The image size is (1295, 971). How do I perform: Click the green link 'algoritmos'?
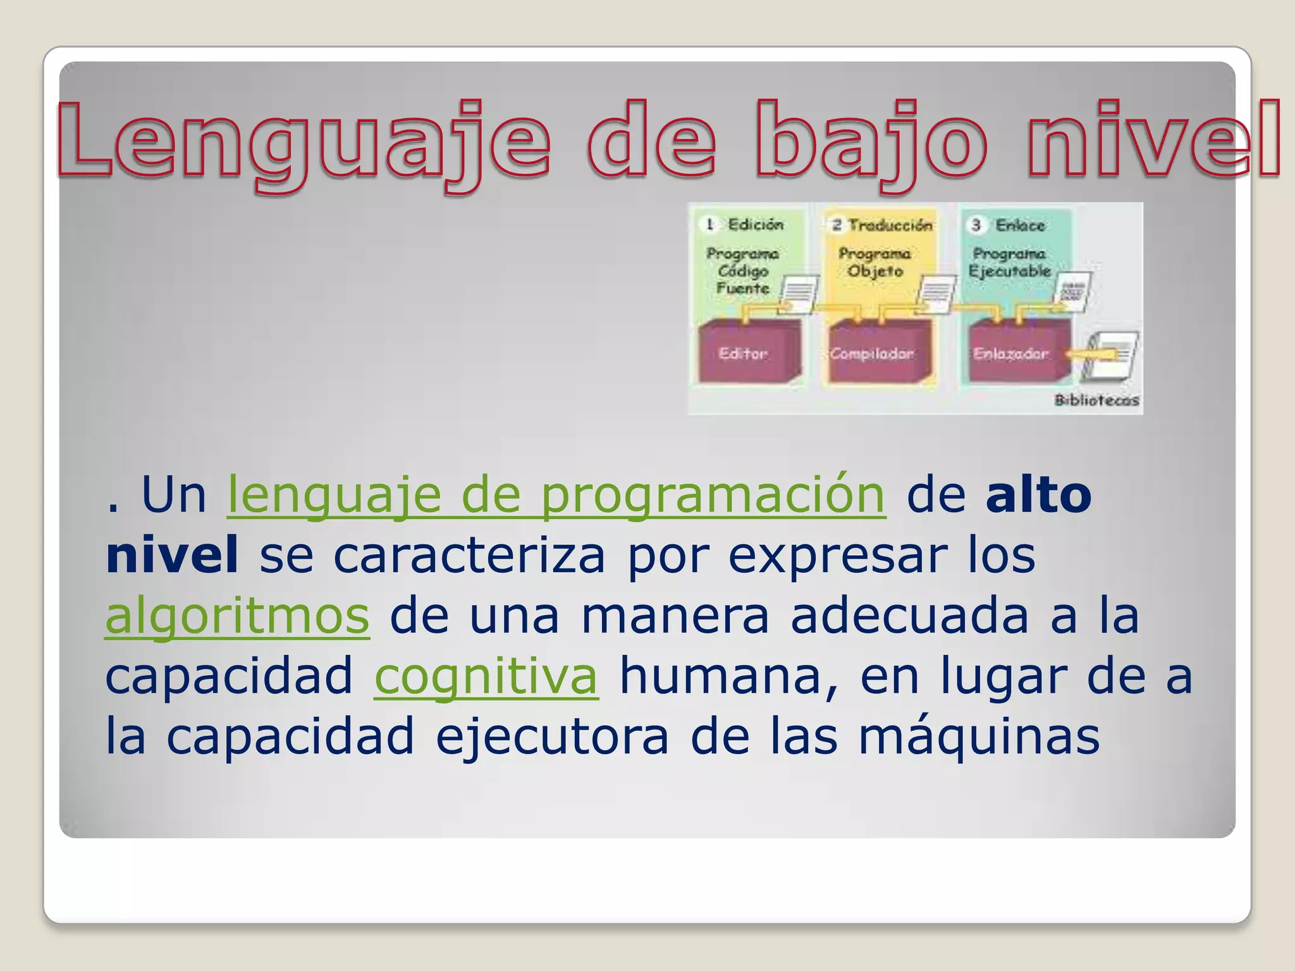(x=237, y=616)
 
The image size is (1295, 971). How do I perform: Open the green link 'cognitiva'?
(x=486, y=676)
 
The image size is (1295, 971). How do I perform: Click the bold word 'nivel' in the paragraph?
(x=172, y=555)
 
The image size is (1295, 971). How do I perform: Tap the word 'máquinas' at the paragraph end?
(x=979, y=736)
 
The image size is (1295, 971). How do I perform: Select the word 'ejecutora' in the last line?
(x=552, y=736)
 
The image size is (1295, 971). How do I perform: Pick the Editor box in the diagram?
(x=744, y=353)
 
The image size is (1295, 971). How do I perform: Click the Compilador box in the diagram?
(x=873, y=353)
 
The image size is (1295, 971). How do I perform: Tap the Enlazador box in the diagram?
(x=1010, y=353)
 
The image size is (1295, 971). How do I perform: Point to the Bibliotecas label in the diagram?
(x=1096, y=400)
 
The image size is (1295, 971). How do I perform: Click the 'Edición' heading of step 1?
(x=756, y=224)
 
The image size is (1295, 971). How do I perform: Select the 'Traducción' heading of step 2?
(x=890, y=225)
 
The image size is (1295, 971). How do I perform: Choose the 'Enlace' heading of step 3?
(x=1020, y=225)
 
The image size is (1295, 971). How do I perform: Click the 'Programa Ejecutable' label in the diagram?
(x=1009, y=262)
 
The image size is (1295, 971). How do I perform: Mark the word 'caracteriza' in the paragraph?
(x=469, y=555)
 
